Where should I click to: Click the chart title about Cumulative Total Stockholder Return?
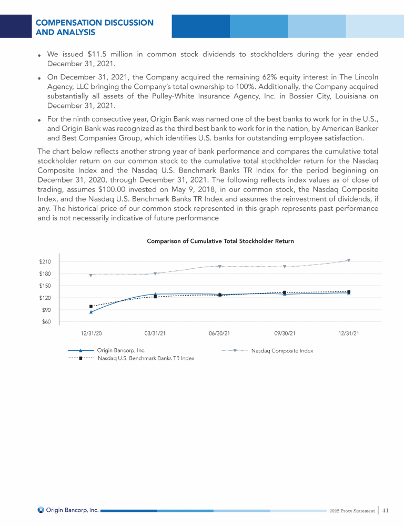(220, 241)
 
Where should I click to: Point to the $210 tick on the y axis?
(45, 262)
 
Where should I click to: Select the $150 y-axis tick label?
(45, 286)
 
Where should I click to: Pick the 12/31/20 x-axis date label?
(91, 333)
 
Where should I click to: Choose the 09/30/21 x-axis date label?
(285, 333)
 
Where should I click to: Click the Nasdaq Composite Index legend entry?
(282, 350)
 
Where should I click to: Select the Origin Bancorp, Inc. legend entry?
(122, 350)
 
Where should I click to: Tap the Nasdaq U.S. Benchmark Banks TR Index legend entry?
(146, 358)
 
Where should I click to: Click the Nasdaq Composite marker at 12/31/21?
(349, 260)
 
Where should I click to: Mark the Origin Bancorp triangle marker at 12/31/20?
(91, 312)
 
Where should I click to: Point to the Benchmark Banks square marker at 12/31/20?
(91, 306)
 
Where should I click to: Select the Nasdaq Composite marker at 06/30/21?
(220, 266)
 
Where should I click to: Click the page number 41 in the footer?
(386, 510)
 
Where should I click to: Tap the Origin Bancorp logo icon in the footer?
(41, 510)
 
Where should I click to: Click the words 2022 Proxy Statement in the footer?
(352, 511)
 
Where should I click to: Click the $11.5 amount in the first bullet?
(98, 54)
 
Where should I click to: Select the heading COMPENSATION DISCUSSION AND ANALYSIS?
(94, 27)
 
